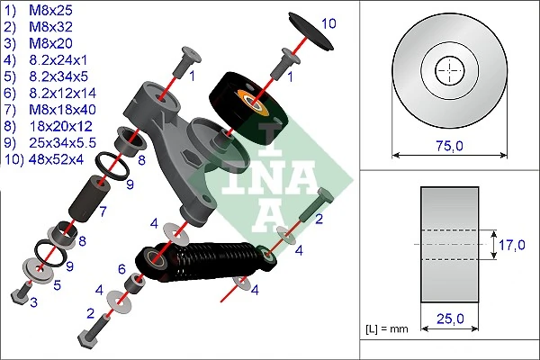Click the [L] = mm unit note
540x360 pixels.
click(388, 329)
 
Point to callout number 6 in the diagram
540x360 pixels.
click(121, 269)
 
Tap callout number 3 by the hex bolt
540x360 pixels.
click(34, 304)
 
